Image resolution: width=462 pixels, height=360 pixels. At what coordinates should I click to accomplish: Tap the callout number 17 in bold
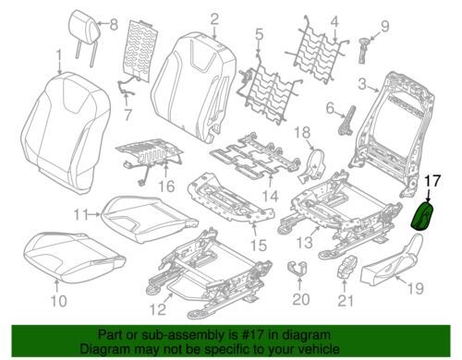[x=432, y=181]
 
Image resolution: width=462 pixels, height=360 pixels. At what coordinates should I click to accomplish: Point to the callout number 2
[x=214, y=19]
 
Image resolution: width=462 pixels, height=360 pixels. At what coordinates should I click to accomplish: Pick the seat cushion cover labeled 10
[x=74, y=256]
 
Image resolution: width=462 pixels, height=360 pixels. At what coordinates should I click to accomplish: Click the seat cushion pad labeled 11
[x=149, y=219]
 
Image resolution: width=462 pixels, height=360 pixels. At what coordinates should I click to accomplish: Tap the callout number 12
[x=159, y=309]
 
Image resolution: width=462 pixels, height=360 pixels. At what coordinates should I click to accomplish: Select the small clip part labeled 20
[x=298, y=267]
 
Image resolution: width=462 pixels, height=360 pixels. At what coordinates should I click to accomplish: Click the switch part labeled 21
[x=346, y=266]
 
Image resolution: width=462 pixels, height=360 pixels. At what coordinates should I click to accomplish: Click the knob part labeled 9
[x=364, y=50]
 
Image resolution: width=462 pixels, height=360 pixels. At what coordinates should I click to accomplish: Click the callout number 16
[x=166, y=186]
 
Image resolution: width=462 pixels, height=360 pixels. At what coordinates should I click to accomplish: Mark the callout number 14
[x=270, y=197]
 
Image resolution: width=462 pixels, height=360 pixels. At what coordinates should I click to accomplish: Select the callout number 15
[x=258, y=246]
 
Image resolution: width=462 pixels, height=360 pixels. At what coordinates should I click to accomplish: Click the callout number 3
[x=363, y=84]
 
